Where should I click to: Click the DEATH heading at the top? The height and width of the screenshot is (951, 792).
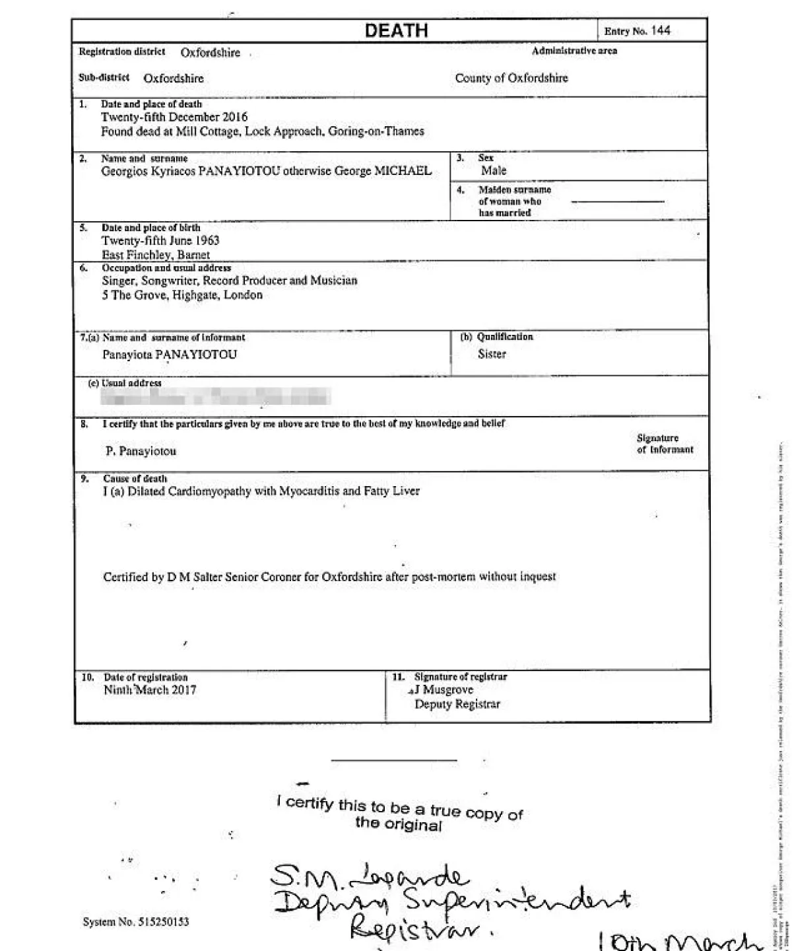click(396, 30)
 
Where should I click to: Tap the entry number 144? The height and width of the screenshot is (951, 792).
click(660, 30)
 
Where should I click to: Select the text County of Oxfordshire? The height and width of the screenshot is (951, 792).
click(511, 78)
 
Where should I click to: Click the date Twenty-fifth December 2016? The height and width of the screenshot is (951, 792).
click(174, 118)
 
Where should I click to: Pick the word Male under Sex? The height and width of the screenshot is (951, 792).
click(494, 171)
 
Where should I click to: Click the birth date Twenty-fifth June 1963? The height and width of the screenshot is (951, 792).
click(160, 241)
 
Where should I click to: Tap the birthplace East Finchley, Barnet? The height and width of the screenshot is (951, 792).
click(156, 255)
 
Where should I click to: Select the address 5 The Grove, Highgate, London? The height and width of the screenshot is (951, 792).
click(182, 295)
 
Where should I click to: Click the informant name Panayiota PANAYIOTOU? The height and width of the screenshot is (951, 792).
click(170, 355)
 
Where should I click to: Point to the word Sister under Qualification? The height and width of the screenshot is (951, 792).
click(492, 354)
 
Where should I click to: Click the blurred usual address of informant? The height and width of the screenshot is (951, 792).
click(215, 397)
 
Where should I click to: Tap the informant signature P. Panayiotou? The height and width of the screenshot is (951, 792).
click(141, 452)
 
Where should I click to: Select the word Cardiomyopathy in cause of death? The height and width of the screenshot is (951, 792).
click(220, 491)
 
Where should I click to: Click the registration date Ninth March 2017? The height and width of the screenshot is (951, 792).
click(150, 690)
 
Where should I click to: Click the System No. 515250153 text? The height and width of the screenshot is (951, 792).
click(136, 922)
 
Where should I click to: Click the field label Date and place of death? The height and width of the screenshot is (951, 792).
click(151, 104)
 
